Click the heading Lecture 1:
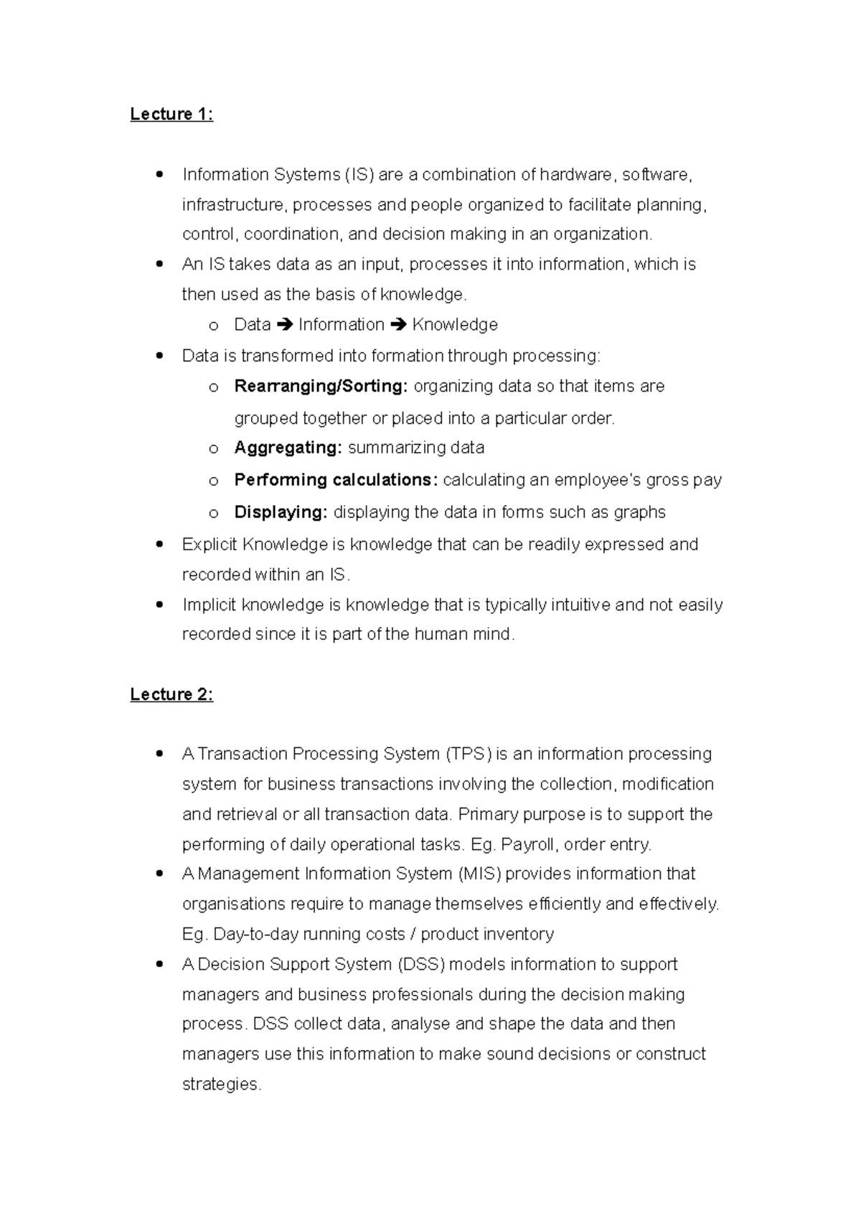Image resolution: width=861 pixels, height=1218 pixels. coord(171,115)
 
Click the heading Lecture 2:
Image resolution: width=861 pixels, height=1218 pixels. coord(171,694)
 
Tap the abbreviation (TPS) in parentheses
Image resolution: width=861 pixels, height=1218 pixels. coord(469,754)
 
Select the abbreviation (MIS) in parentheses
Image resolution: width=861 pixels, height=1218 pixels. coord(479,874)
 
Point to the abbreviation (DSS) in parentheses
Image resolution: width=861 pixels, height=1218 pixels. coord(420,964)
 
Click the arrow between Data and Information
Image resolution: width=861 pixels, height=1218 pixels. coord(284,325)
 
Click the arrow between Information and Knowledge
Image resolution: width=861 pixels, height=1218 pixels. coord(398,325)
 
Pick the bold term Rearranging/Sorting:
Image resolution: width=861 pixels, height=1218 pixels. coord(321,386)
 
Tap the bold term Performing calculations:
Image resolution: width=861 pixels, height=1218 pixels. coord(336,480)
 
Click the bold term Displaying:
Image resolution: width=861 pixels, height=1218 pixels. coord(281,512)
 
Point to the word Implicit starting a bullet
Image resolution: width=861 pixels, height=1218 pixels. coord(209,605)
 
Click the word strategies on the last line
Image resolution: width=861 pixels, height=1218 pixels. coord(220,1084)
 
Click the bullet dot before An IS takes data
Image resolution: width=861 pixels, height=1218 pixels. coord(159,264)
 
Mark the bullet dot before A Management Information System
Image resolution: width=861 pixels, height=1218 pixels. coord(159,874)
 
